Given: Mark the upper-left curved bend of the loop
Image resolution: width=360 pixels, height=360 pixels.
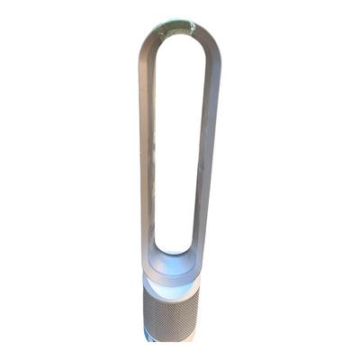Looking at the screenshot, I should [151, 45].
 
